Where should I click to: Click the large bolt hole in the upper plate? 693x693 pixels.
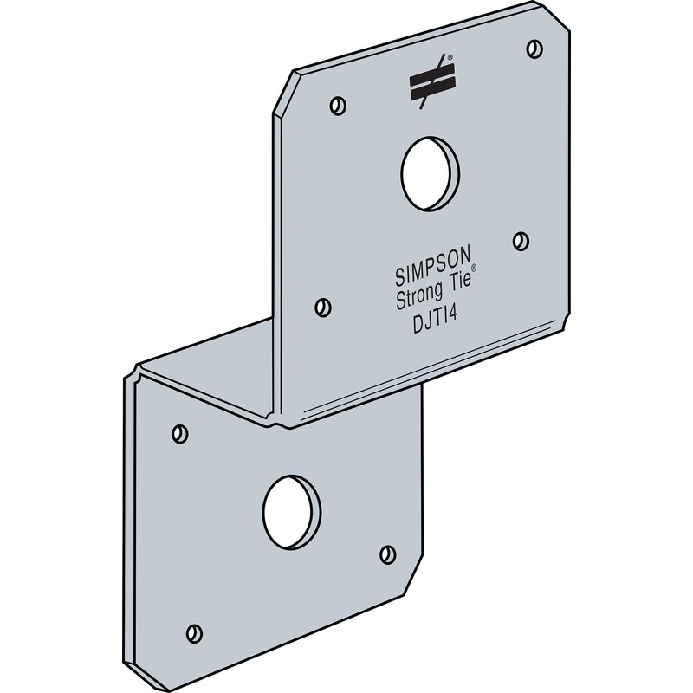[x=431, y=172]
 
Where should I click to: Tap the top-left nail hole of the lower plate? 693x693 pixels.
[x=180, y=431]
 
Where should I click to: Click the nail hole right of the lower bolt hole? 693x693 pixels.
[x=387, y=554]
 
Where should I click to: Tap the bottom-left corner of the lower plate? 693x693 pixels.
[x=130, y=667]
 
